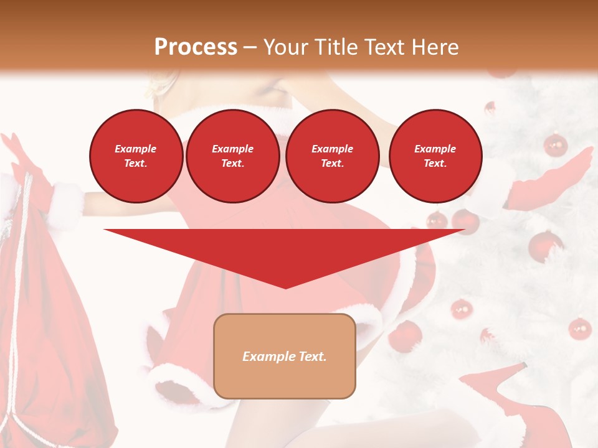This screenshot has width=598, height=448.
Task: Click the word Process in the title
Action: (x=196, y=47)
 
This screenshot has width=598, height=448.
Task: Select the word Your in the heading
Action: (x=287, y=47)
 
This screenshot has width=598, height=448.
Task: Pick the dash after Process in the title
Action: (x=250, y=47)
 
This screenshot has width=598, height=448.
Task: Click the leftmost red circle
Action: (x=136, y=156)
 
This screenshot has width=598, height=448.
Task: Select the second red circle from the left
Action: (x=232, y=156)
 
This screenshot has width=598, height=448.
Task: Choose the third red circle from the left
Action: (x=332, y=156)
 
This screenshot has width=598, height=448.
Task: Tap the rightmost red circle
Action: (x=435, y=156)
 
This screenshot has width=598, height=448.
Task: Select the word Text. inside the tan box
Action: (x=311, y=357)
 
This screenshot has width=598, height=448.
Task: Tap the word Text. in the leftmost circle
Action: (x=136, y=163)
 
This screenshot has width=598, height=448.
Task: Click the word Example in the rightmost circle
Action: (x=435, y=149)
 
